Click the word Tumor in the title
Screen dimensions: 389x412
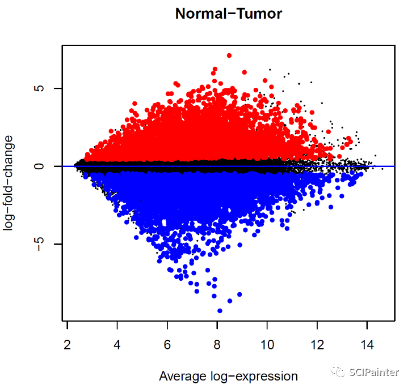tap(258, 14)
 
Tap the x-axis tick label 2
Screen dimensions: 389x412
tap(68, 343)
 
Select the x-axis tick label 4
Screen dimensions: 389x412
tap(117, 343)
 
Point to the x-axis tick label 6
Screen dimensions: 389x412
tap(167, 343)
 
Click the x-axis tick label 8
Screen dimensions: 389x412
tap(217, 343)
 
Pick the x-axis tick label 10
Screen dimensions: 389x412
tap(267, 343)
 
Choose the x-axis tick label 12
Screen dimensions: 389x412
tap(317, 343)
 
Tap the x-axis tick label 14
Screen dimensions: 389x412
tap(367, 343)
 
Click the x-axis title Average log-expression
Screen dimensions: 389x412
tap(228, 376)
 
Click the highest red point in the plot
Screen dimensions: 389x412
tap(229, 55)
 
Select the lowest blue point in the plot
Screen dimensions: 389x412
tap(220, 311)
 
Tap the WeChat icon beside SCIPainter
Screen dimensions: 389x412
tap(339, 372)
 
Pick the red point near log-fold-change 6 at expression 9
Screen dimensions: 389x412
tap(245, 72)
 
